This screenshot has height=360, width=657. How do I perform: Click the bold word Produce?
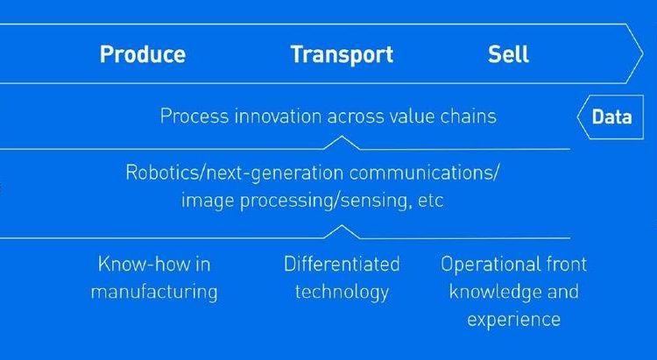[143, 55]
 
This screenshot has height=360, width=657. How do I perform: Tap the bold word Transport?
[342, 55]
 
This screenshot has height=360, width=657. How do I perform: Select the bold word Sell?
[508, 54]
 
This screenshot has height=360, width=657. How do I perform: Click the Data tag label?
[611, 116]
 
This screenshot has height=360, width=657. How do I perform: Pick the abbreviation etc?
[430, 201]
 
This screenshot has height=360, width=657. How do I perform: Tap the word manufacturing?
[154, 292]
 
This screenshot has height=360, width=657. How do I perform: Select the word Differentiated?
[342, 265]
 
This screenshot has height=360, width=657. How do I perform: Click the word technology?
[342, 292]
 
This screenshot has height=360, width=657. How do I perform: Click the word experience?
[513, 320]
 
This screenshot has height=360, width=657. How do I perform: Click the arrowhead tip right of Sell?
[643, 53]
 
